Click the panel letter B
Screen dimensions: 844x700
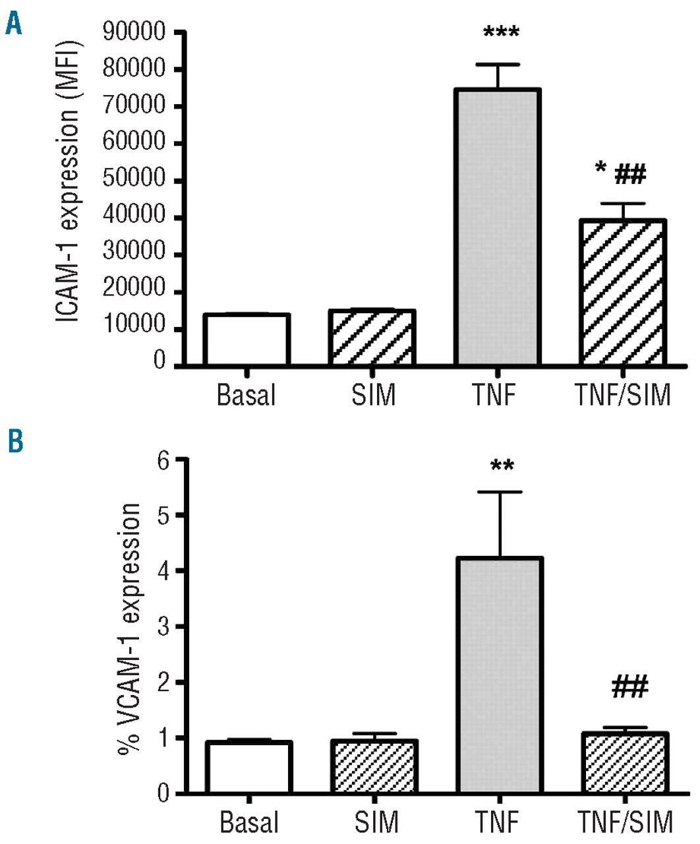click(15, 440)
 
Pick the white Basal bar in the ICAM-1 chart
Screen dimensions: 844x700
click(246, 340)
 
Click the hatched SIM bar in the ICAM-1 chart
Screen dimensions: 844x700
click(371, 338)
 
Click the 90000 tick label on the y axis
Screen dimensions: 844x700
click(134, 32)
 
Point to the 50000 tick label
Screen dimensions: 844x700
click(134, 179)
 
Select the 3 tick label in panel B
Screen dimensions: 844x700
click(163, 626)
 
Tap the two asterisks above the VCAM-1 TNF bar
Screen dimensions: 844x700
click(502, 467)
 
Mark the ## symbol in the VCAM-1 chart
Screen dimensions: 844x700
click(629, 687)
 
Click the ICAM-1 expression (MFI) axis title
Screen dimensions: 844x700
click(68, 182)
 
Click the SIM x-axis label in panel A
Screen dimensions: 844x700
click(373, 395)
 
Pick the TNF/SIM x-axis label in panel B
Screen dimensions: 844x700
click(625, 822)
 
